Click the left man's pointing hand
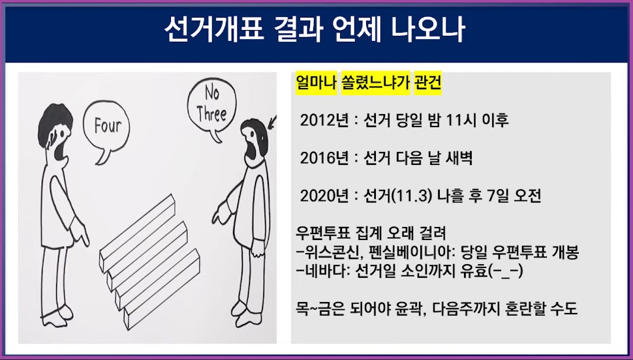pyautogui.click(x=81, y=229)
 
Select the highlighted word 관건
pyautogui.click(x=428, y=84)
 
